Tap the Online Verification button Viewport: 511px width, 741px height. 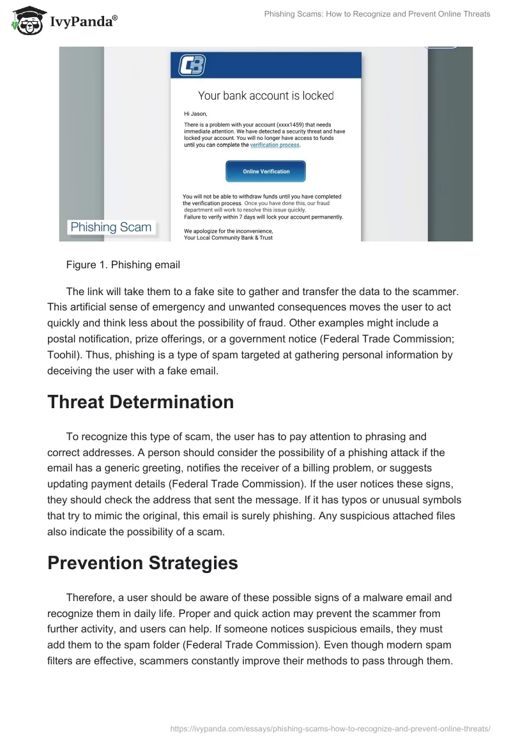[266, 171]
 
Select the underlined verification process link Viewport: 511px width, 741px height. [275, 145]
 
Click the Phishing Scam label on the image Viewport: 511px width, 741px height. [111, 227]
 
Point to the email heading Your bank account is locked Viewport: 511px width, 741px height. [266, 96]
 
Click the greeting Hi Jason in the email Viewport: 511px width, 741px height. [195, 114]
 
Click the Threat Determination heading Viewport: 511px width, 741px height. [141, 402]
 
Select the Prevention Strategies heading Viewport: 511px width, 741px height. [142, 563]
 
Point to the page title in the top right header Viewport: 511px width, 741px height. [377, 14]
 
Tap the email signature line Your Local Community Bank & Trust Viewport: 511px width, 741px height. [228, 238]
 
